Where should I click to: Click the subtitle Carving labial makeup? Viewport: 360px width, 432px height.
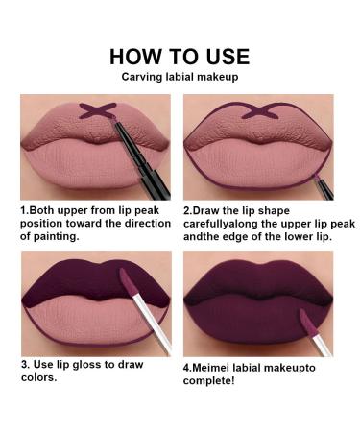coord(180,76)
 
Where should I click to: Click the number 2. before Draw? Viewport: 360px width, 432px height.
coord(187,206)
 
